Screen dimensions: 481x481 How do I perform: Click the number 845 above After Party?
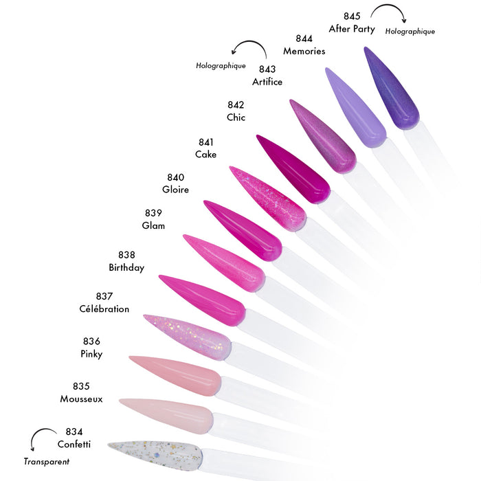pyautogui.click(x=352, y=16)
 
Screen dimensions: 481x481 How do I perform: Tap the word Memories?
pyautogui.click(x=304, y=51)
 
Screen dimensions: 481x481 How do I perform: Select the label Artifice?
pyautogui.click(x=267, y=82)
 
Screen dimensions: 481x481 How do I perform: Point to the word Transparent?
pyautogui.click(x=47, y=461)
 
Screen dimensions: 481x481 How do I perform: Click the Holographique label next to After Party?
pyautogui.click(x=410, y=32)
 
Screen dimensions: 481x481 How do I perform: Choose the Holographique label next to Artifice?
pyautogui.click(x=221, y=66)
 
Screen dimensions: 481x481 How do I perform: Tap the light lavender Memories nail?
pyautogui.click(x=357, y=107)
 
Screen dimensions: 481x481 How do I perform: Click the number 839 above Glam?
pyautogui.click(x=153, y=212)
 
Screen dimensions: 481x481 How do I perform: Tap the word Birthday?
pyautogui.click(x=126, y=267)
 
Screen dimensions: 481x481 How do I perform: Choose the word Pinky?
pyautogui.click(x=91, y=354)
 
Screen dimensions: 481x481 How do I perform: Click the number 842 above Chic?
pyautogui.click(x=236, y=105)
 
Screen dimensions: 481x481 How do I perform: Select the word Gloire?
pyautogui.click(x=175, y=189)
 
